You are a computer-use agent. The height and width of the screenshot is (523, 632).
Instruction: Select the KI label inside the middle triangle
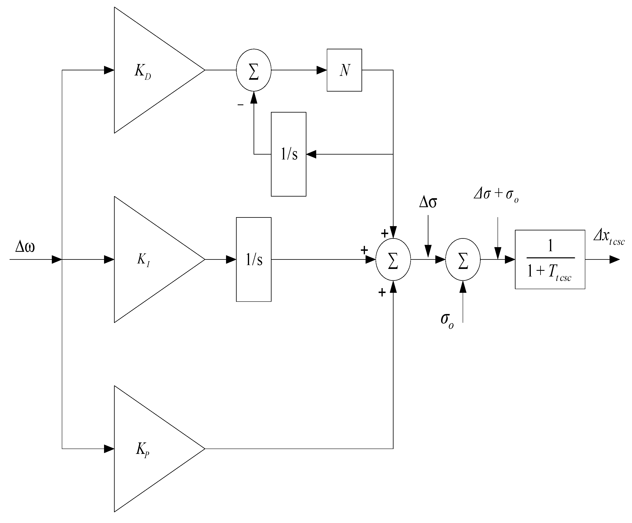pos(143,260)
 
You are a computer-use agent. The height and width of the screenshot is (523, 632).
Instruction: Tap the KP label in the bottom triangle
pos(142,450)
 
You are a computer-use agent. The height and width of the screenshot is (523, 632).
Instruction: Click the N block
pos(344,70)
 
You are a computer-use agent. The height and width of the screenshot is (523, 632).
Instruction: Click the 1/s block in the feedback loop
pos(289,154)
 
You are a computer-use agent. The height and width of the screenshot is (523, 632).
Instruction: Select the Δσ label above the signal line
pos(428,202)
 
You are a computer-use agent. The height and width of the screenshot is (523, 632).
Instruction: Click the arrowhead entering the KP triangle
pos(109,449)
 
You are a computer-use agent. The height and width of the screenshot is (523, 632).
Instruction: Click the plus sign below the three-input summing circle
pos(382,292)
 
